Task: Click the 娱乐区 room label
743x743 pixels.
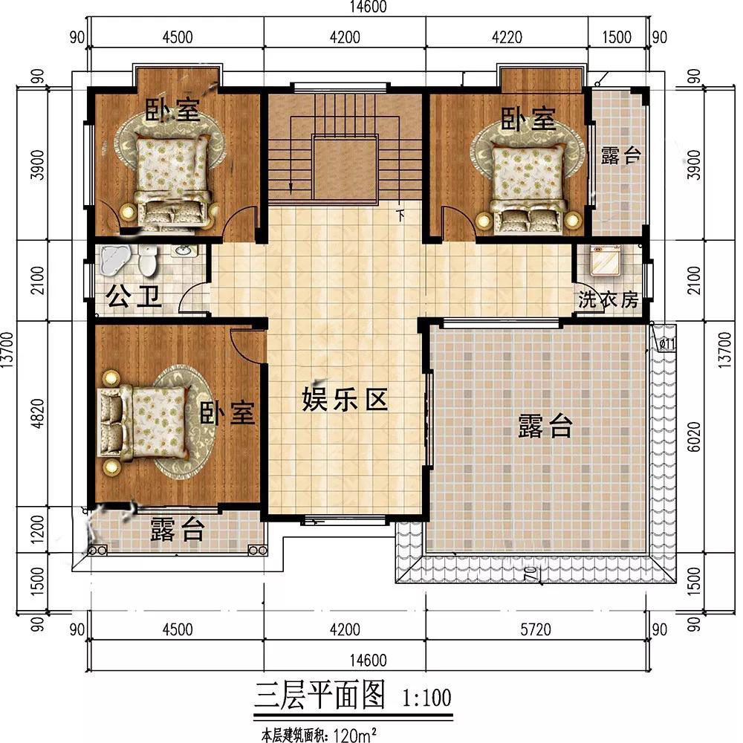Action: point(345,399)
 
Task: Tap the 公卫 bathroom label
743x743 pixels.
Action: point(134,296)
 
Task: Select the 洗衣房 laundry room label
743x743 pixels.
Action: point(608,299)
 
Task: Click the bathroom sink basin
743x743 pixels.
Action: point(184,250)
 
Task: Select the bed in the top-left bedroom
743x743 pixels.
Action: point(172,181)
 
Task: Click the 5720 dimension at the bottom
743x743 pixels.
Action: point(536,629)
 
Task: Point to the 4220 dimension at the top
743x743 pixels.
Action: point(507,37)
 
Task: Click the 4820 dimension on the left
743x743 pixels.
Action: point(37,413)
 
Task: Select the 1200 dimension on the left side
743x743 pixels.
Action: point(37,529)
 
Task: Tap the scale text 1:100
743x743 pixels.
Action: point(426,698)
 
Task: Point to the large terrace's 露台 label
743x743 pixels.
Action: point(545,426)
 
